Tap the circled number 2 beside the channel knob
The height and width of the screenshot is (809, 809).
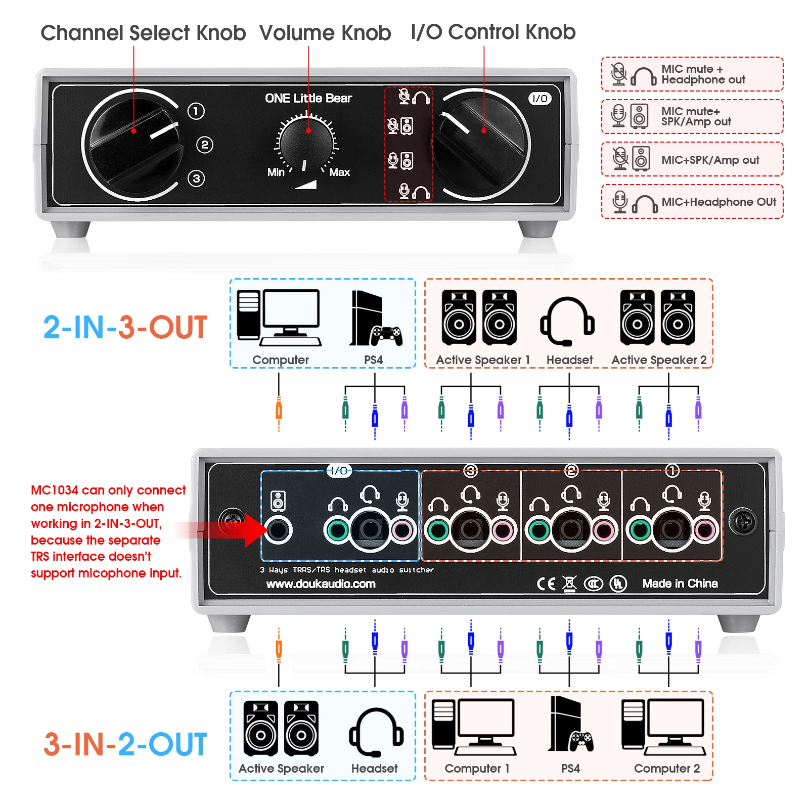click(x=204, y=145)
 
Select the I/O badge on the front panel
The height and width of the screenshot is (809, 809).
click(x=540, y=99)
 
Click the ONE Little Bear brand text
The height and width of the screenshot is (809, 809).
click(x=308, y=98)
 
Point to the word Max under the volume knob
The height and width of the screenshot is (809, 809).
click(x=339, y=172)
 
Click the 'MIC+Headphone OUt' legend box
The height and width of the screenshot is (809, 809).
click(x=692, y=202)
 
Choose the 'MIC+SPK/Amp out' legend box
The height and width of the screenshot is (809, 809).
click(x=692, y=159)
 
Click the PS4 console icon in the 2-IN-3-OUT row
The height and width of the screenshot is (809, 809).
click(x=374, y=319)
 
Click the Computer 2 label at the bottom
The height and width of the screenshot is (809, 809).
click(x=666, y=769)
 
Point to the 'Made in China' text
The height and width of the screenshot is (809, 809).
click(x=680, y=583)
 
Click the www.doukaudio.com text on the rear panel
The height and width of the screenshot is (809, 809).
click(x=321, y=584)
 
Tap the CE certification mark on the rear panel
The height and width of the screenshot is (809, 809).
click(x=546, y=584)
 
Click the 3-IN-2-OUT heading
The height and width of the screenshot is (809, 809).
click(x=125, y=744)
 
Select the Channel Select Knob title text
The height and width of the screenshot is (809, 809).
click(x=143, y=33)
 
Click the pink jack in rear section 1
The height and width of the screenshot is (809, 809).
click(x=705, y=530)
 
